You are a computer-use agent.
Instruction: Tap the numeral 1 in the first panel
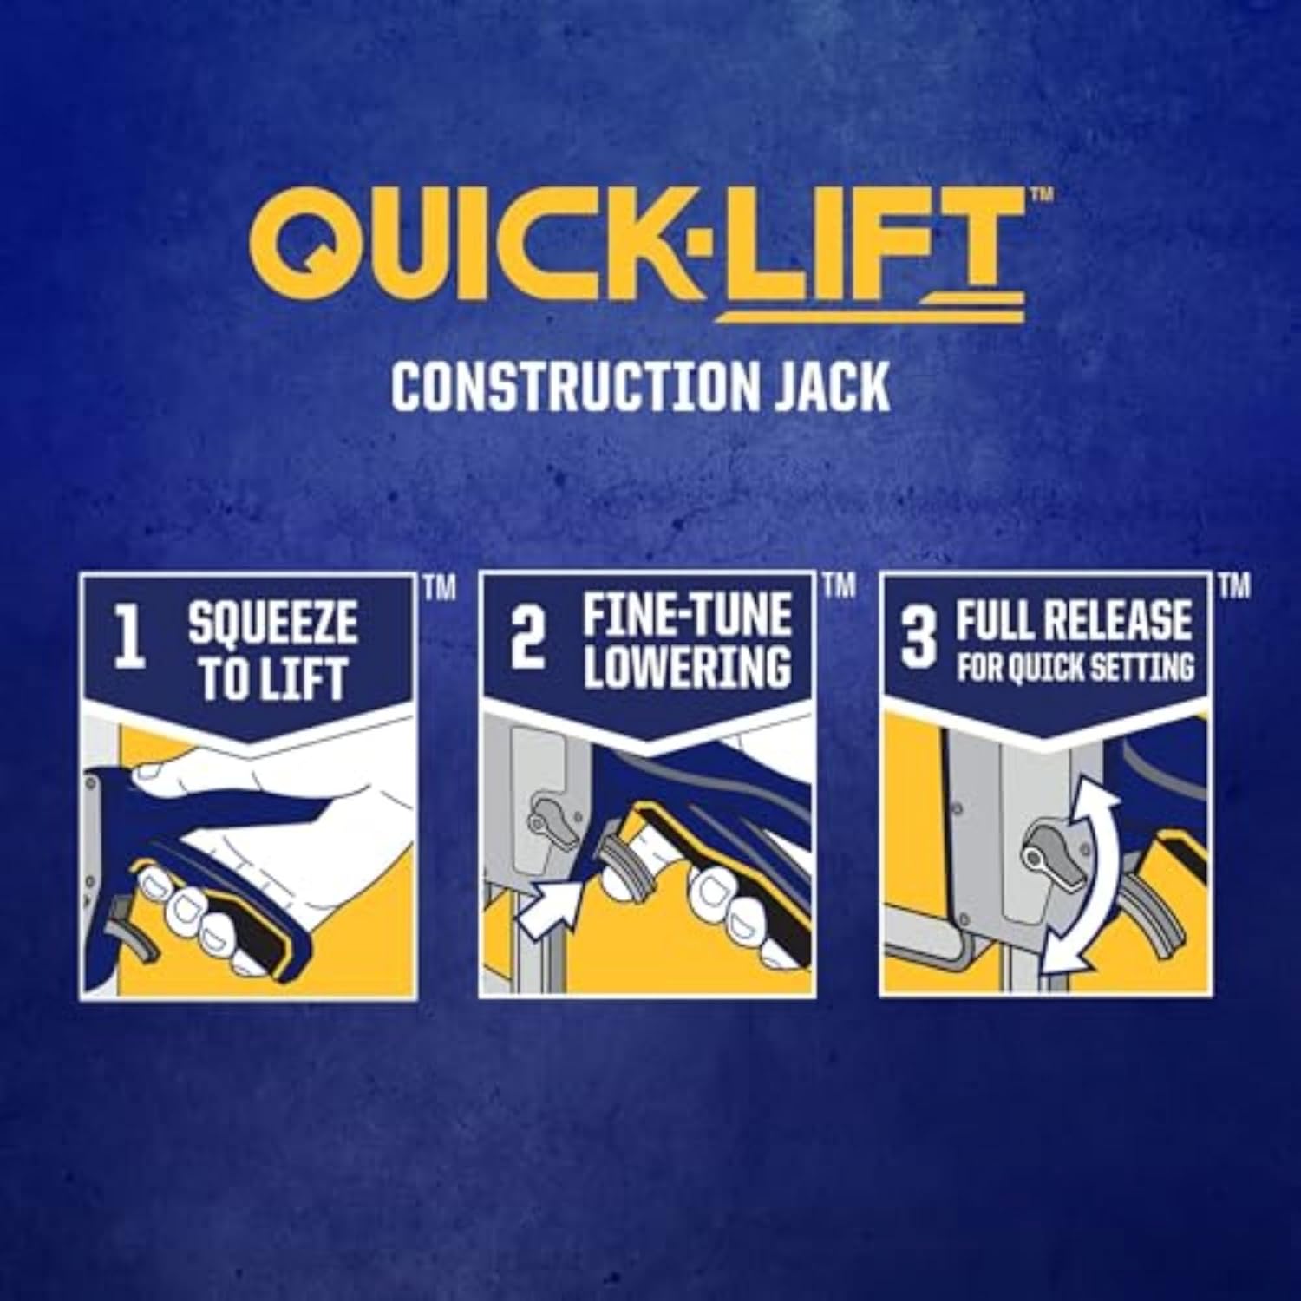pos(130,642)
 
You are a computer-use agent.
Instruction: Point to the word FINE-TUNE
pos(687,615)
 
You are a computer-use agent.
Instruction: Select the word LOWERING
pos(687,666)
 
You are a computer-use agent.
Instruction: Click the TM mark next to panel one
pos(440,589)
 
